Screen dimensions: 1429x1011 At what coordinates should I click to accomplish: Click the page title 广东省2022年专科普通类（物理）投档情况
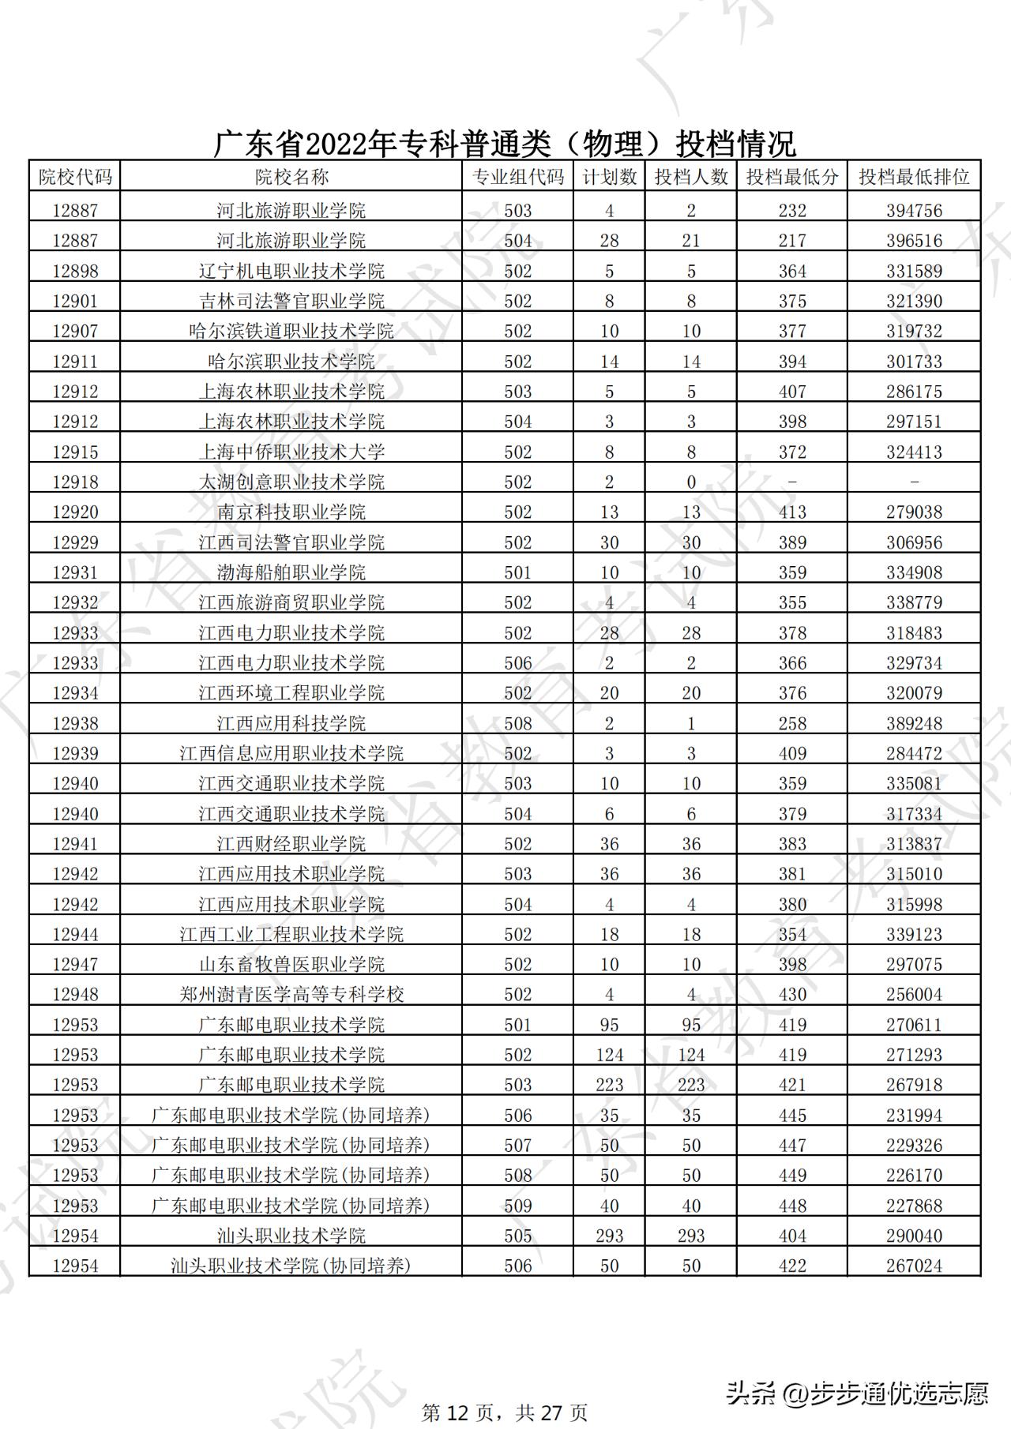tap(505, 144)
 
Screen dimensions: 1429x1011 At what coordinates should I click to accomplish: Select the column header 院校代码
tap(75, 177)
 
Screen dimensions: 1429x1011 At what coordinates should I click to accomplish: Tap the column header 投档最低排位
tap(914, 177)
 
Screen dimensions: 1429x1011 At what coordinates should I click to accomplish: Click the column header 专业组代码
tap(517, 177)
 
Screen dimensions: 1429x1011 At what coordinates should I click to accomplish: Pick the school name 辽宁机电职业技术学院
tap(291, 271)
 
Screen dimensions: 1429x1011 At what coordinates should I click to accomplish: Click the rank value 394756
tap(914, 211)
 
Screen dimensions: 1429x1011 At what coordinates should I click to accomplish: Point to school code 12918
tap(75, 482)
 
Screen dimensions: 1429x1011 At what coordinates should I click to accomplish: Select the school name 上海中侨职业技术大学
tap(291, 452)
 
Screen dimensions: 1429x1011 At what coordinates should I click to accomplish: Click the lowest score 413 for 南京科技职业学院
tap(792, 512)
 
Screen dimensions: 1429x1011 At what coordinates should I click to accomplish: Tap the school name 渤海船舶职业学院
tap(291, 572)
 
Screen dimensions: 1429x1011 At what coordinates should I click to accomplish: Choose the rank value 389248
tap(914, 723)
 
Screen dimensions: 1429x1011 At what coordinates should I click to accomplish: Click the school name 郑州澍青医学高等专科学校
tap(291, 994)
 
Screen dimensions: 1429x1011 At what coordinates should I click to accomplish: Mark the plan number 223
tap(609, 1085)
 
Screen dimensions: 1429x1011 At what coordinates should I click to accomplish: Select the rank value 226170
tap(914, 1175)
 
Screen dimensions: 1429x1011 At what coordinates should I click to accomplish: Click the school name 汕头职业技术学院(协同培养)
tap(291, 1266)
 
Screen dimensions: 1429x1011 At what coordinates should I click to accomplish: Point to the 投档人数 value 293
tap(691, 1236)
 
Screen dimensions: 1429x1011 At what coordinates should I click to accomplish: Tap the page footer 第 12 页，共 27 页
tap(505, 1412)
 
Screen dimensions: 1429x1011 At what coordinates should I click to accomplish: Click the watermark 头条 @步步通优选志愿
tap(857, 1393)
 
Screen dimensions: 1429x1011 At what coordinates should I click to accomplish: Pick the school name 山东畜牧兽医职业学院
tap(291, 964)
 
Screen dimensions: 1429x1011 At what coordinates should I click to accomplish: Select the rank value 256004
tap(914, 994)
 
